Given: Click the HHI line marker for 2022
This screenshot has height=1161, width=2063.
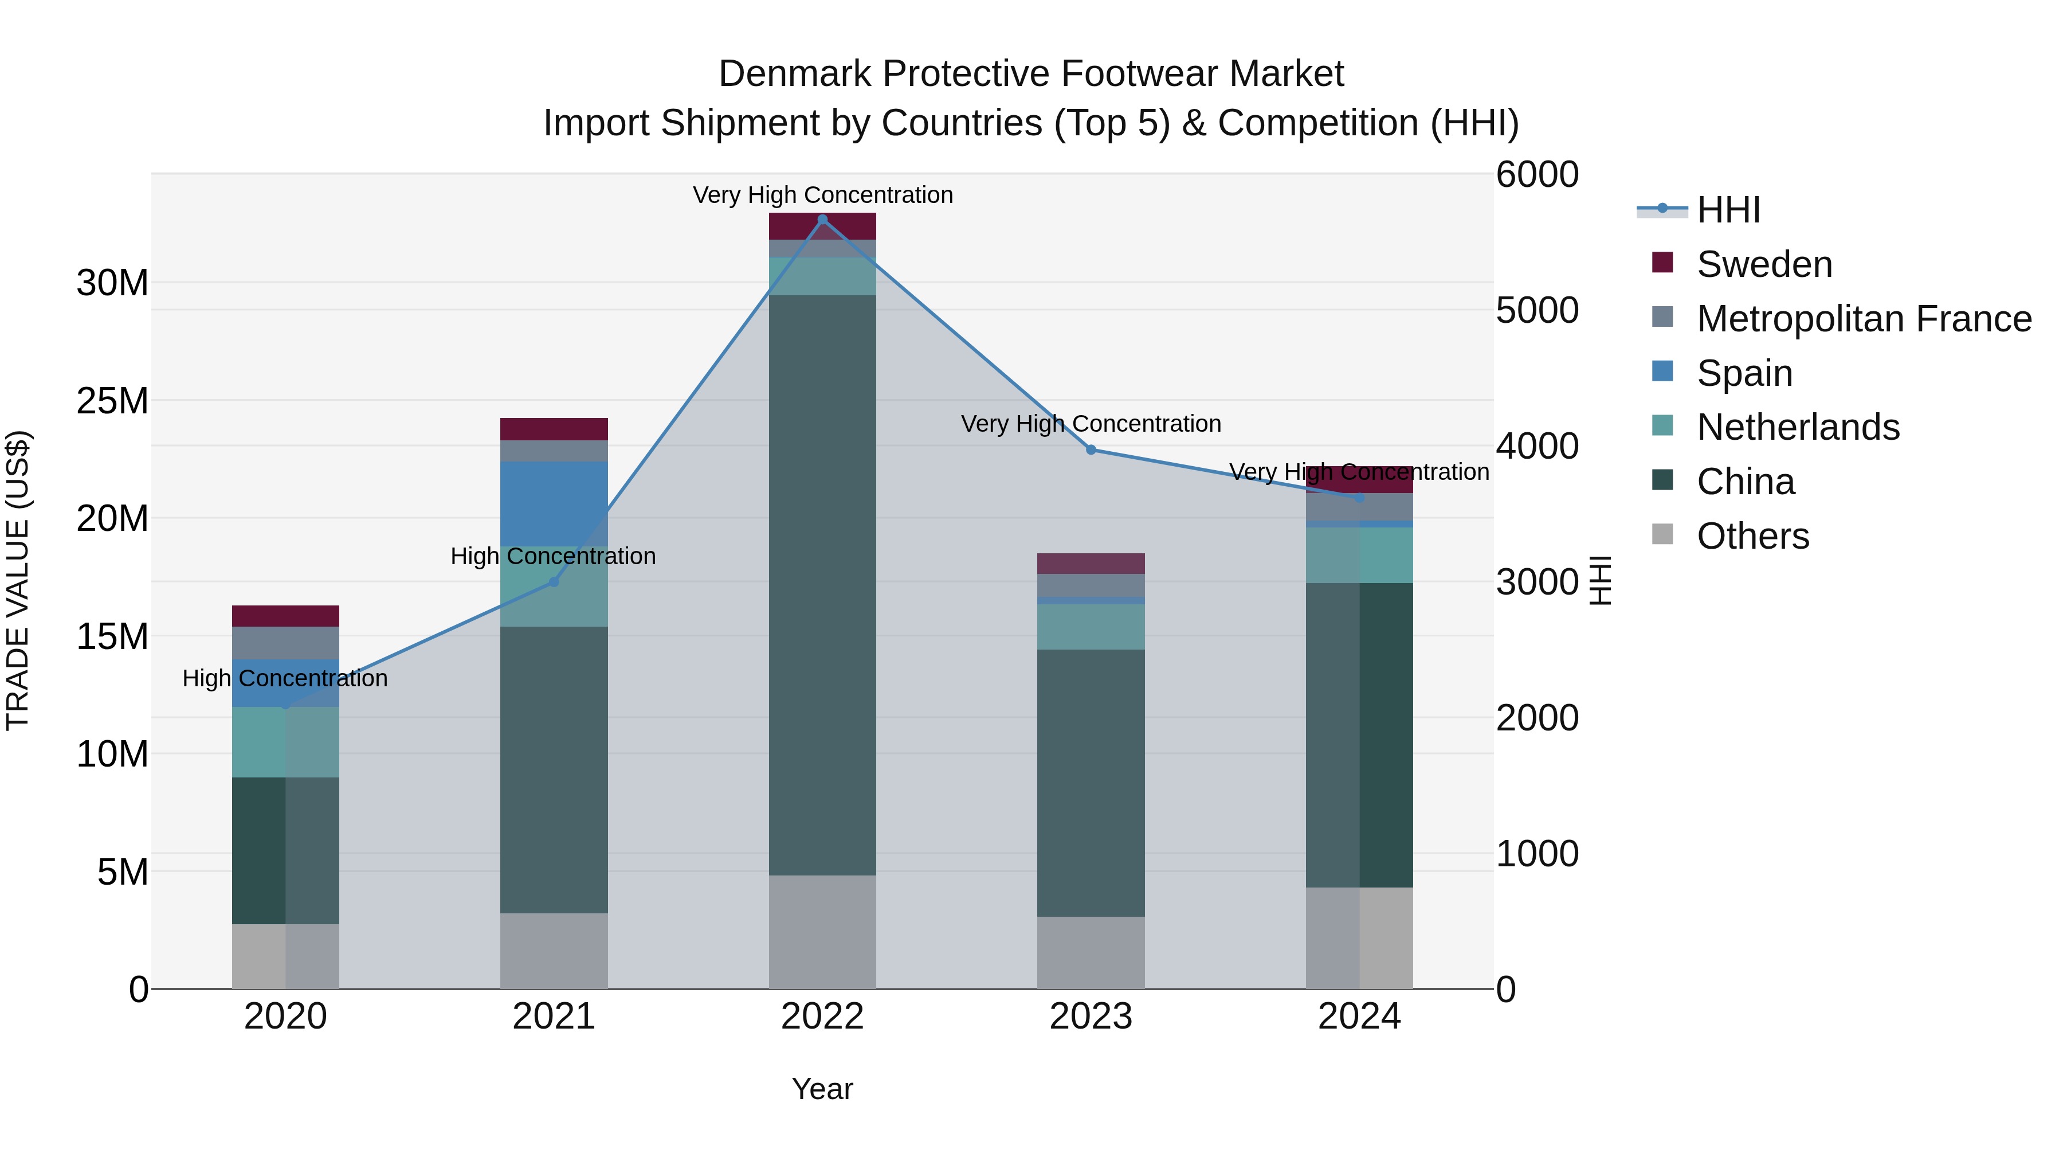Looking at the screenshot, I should click(x=822, y=220).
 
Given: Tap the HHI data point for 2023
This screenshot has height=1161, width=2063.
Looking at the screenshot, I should click(x=1091, y=449).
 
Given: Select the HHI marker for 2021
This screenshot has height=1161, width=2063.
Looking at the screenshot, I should click(x=554, y=582).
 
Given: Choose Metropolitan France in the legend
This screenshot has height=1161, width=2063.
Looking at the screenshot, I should click(x=1863, y=319).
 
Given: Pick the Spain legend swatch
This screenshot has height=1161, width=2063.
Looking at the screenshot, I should click(x=1662, y=372).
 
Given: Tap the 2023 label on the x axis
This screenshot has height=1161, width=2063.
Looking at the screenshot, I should click(x=1091, y=1017).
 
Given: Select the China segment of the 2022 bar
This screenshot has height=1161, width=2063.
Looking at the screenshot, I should click(x=822, y=585).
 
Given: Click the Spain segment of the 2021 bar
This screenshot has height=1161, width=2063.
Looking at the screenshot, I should click(x=554, y=504).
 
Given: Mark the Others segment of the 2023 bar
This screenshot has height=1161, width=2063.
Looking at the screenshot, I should click(x=1091, y=953).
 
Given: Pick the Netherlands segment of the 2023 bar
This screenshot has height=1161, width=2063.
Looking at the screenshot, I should click(x=1091, y=627).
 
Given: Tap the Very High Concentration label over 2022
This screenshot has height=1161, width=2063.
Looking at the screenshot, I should click(x=822, y=195).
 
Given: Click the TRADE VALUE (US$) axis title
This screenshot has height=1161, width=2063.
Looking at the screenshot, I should click(x=18, y=580).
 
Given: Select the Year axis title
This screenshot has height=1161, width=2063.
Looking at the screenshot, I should click(x=822, y=1089).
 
